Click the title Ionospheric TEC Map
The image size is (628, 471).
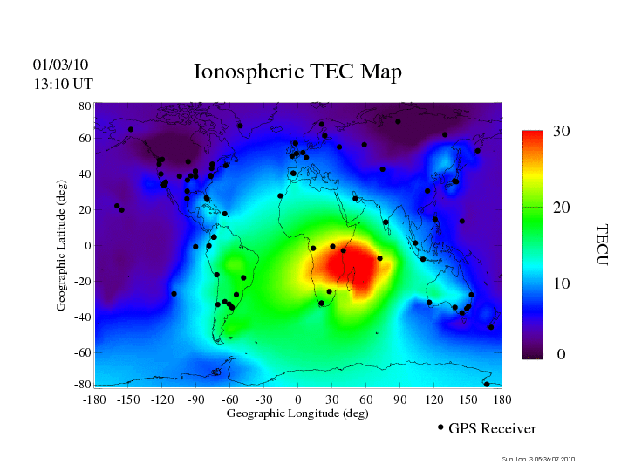297,72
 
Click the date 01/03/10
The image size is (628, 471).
61,65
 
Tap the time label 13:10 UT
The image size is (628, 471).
62,84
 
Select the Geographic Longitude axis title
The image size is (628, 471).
297,413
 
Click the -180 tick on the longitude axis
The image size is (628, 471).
93,399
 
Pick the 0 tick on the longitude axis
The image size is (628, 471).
298,399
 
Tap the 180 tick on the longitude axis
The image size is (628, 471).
502,399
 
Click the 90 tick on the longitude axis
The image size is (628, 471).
400,399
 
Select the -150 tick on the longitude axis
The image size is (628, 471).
127,399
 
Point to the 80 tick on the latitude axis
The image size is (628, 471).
85,106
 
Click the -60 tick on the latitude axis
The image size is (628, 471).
83,353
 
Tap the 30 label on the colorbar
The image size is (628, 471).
561,132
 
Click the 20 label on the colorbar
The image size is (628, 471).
561,209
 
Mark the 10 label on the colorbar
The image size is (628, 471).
561,284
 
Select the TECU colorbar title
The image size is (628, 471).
602,245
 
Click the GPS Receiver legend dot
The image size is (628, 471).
440,427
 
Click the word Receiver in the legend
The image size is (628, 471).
507,429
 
